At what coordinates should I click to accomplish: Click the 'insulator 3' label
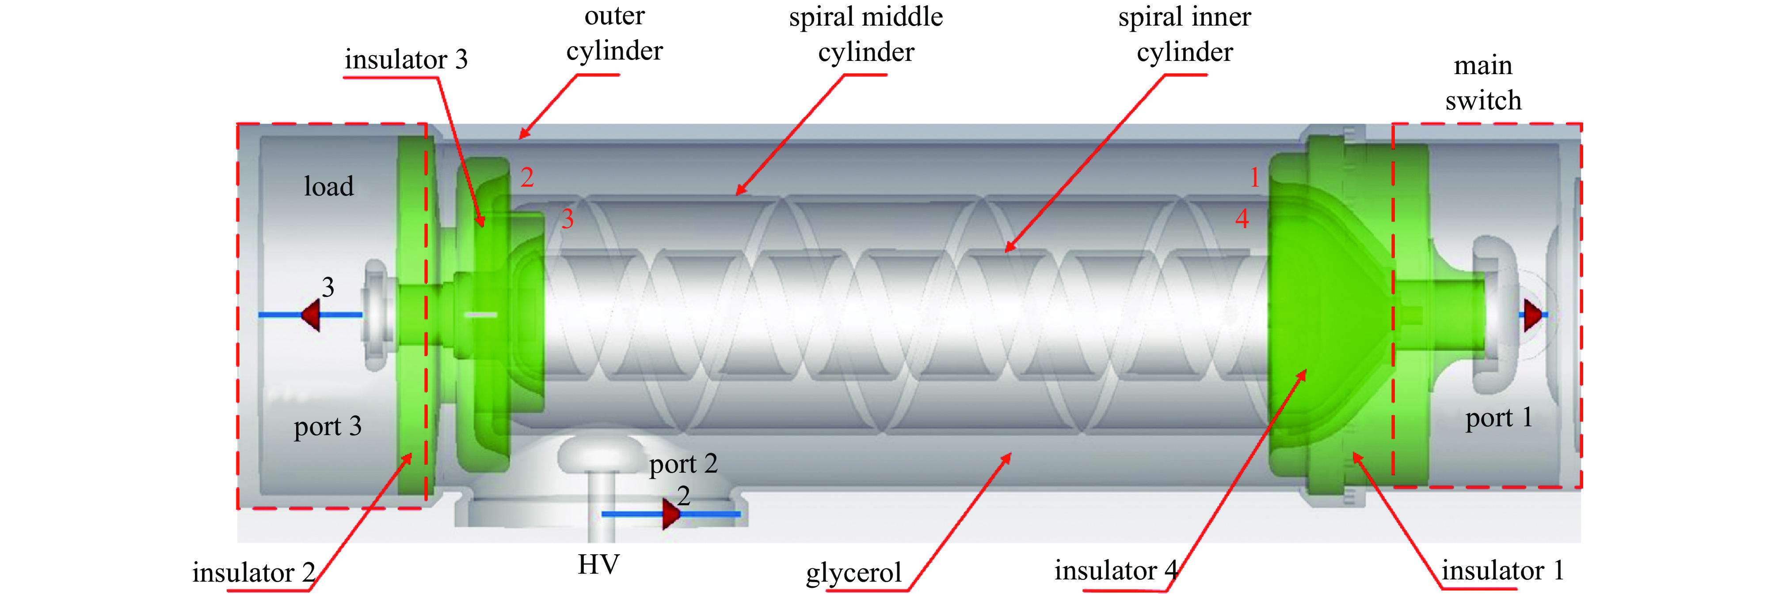[406, 60]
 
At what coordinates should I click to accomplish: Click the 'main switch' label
[1483, 83]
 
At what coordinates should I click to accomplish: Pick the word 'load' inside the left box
[329, 187]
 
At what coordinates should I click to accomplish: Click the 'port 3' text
[328, 427]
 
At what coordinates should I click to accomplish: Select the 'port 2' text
[683, 464]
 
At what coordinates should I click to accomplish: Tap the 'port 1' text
[1499, 418]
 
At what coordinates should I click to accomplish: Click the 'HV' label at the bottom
[598, 565]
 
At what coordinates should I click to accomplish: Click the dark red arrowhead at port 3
[312, 315]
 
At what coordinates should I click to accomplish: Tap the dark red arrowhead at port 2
[671, 514]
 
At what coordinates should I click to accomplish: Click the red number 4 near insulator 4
[1242, 219]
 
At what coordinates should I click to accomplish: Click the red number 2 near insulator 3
[527, 177]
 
